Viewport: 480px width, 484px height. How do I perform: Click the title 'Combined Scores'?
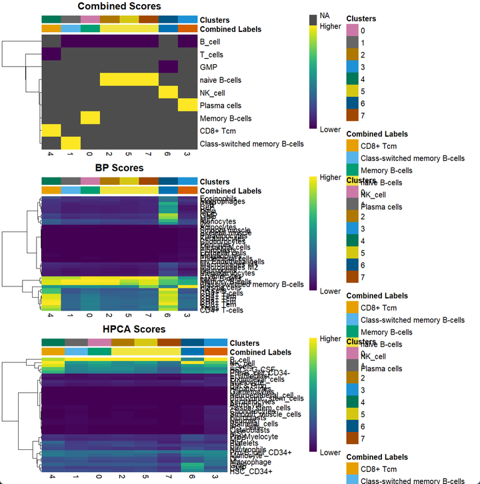119,7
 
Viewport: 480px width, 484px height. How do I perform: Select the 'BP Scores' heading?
119,168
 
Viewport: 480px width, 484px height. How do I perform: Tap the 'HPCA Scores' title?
133,329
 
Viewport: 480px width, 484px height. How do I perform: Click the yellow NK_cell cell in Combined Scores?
168,93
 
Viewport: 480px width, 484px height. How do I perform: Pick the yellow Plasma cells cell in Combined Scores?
188,105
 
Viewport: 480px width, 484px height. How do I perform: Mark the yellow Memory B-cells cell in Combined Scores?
91,118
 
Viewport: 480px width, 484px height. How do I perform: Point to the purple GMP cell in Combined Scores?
168,67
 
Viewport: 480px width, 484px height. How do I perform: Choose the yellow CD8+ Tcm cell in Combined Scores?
51,131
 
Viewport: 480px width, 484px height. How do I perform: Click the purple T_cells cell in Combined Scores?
51,55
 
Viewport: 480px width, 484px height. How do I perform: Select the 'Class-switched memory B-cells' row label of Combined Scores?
251,144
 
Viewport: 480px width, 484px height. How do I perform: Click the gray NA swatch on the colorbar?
313,20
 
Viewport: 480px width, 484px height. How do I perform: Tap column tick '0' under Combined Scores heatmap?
91,156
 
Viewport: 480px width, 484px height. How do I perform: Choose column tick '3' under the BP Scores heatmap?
188,316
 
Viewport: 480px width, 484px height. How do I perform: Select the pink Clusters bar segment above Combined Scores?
91,19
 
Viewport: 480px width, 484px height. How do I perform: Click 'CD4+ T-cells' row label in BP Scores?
222,310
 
